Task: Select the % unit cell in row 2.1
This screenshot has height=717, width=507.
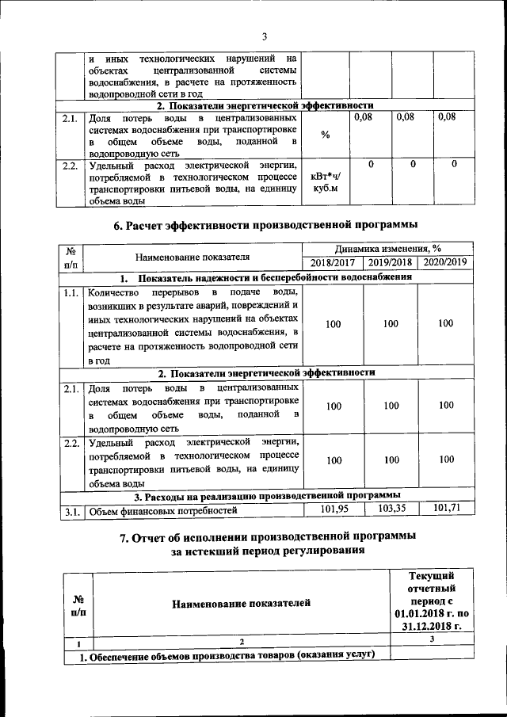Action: pyautogui.click(x=326, y=134)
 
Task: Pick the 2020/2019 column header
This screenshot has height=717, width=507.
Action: pyautogui.click(x=446, y=262)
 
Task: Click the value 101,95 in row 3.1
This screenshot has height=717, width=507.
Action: pyautogui.click(x=333, y=509)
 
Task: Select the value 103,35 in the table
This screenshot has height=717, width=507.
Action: pyautogui.click(x=392, y=509)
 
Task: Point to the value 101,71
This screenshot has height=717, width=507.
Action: pyautogui.click(x=446, y=509)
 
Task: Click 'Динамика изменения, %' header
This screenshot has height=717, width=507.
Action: pyautogui.click(x=388, y=248)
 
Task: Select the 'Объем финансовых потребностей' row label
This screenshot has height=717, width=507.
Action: pyautogui.click(x=163, y=511)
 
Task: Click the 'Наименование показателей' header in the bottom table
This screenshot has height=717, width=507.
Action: pyautogui.click(x=242, y=604)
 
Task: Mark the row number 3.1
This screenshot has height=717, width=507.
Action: pyautogui.click(x=70, y=511)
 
